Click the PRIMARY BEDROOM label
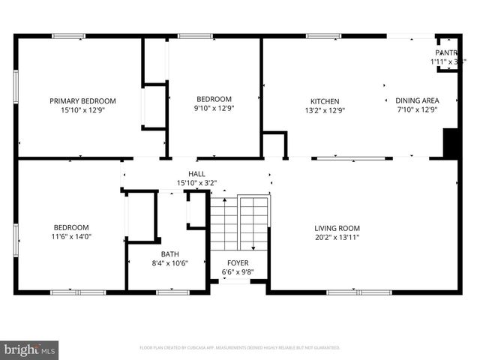(x=82, y=100)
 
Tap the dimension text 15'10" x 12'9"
(x=82, y=109)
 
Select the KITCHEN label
(x=325, y=101)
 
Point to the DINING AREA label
(x=417, y=100)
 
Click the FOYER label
(x=238, y=263)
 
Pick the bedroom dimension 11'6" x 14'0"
(x=71, y=237)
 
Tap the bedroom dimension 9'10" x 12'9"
(x=214, y=109)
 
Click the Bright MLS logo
(x=30, y=349)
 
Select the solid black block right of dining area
(x=451, y=143)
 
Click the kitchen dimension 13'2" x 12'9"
(x=325, y=110)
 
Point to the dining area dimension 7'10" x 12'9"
(x=417, y=109)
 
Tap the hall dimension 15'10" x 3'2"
(x=196, y=183)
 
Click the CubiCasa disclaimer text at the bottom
(x=240, y=348)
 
